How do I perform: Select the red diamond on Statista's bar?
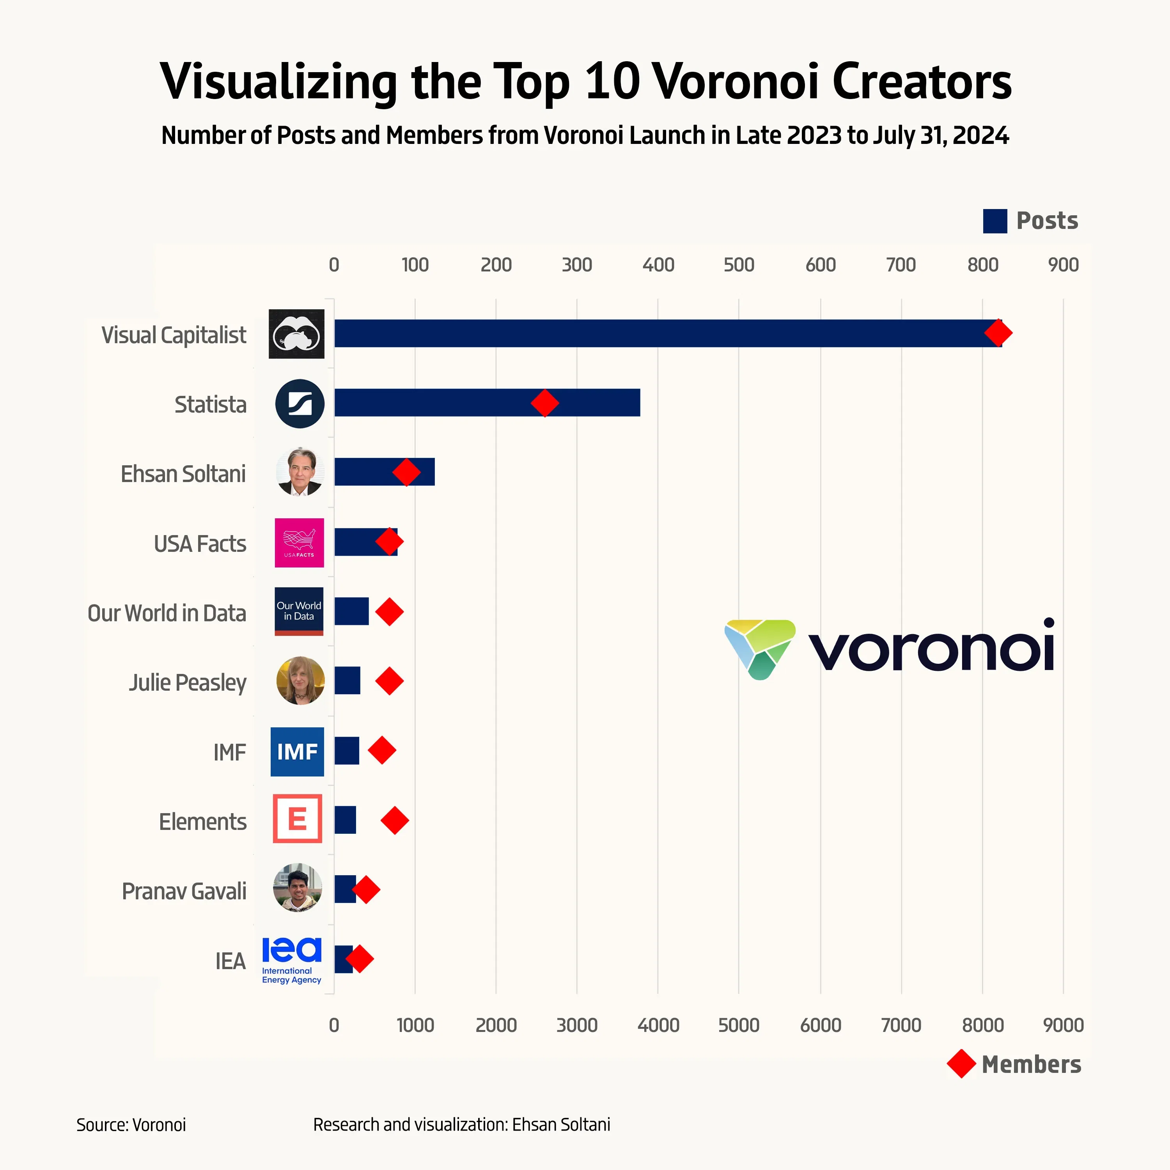coord(544,403)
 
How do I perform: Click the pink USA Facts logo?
coord(299,542)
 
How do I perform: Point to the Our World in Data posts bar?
coord(351,611)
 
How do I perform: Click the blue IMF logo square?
coord(297,752)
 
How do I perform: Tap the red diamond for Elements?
coord(395,821)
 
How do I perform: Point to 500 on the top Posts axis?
coord(739,265)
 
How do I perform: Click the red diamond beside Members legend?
coord(961,1064)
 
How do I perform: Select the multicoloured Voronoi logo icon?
coord(760,648)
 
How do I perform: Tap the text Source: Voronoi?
coord(131,1125)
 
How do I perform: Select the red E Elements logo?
coord(297,819)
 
